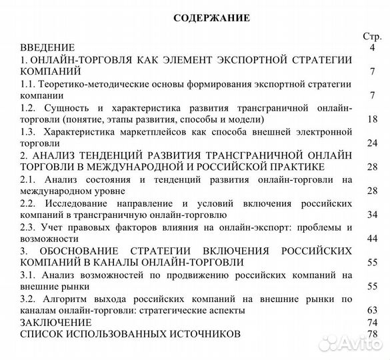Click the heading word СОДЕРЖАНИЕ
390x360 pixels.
(x=211, y=18)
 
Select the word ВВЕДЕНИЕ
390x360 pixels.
(x=47, y=48)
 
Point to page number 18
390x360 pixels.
(x=371, y=119)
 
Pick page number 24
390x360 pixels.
(x=371, y=143)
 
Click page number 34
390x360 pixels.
(x=371, y=215)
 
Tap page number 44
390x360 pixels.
(x=371, y=239)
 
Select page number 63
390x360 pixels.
(x=371, y=310)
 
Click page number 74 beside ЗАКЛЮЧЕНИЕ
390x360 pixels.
(x=371, y=322)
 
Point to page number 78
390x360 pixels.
(x=371, y=334)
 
